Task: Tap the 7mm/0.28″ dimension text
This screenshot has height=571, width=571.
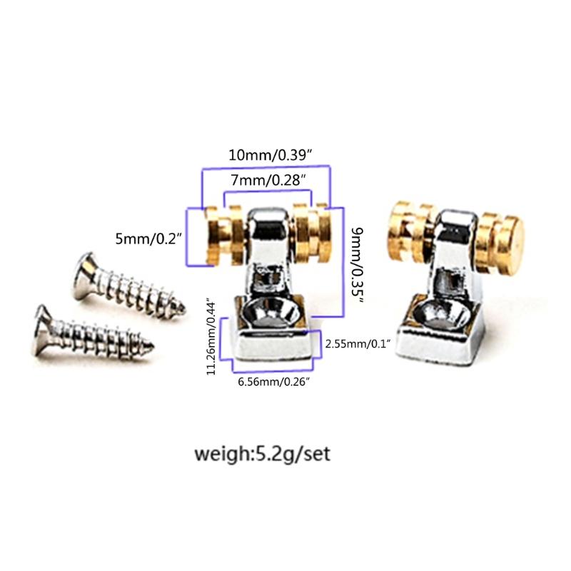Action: (x=268, y=181)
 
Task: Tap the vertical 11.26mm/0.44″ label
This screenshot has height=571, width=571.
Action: (x=211, y=335)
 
